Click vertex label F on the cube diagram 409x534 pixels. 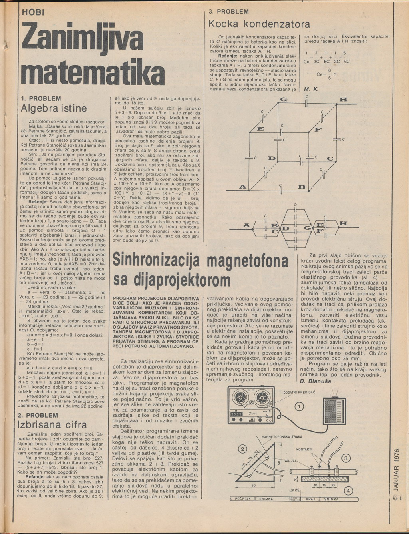click(x=318, y=130)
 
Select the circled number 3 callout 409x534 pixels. click(x=346, y=458)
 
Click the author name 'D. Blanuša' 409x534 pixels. click(x=315, y=381)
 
